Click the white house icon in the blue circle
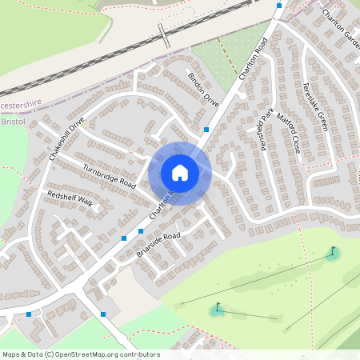click(x=180, y=172)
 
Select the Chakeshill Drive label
click(x=66, y=140)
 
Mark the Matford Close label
click(x=288, y=133)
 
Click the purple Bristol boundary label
click(x=14, y=122)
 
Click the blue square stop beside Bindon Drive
click(x=206, y=129)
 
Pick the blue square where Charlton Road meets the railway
click(x=278, y=6)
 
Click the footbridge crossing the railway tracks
click(x=164, y=34)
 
